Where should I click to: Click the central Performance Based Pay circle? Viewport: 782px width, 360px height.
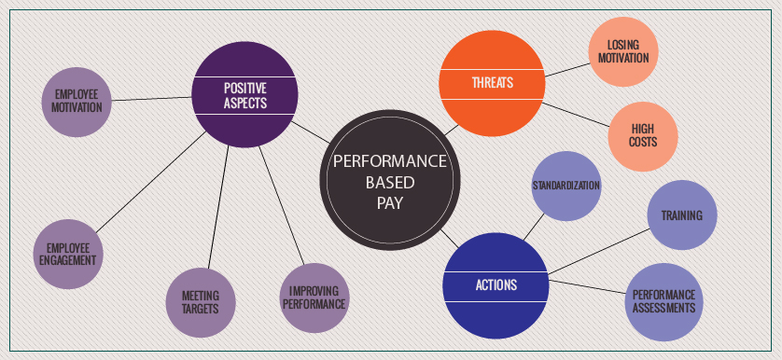pos(389,181)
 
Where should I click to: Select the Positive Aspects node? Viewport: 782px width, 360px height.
pos(244,95)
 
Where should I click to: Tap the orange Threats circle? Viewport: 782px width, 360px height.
pos(492,83)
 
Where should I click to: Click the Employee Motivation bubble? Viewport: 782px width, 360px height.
pos(77,102)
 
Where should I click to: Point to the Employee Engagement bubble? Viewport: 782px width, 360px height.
pos(67,253)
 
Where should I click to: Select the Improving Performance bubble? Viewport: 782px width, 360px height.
pos(313,298)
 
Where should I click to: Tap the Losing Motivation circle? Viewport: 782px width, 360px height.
pos(624,51)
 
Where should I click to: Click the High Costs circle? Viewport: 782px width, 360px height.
pos(643,135)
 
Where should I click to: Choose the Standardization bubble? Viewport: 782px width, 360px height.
pos(566,186)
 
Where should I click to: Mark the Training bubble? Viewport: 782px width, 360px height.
pos(682,215)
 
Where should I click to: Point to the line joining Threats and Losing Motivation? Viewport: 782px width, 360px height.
pos(567,67)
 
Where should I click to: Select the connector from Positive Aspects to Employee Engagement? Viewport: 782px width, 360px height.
pos(149,183)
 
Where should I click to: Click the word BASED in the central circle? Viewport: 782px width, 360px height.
pos(389,182)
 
